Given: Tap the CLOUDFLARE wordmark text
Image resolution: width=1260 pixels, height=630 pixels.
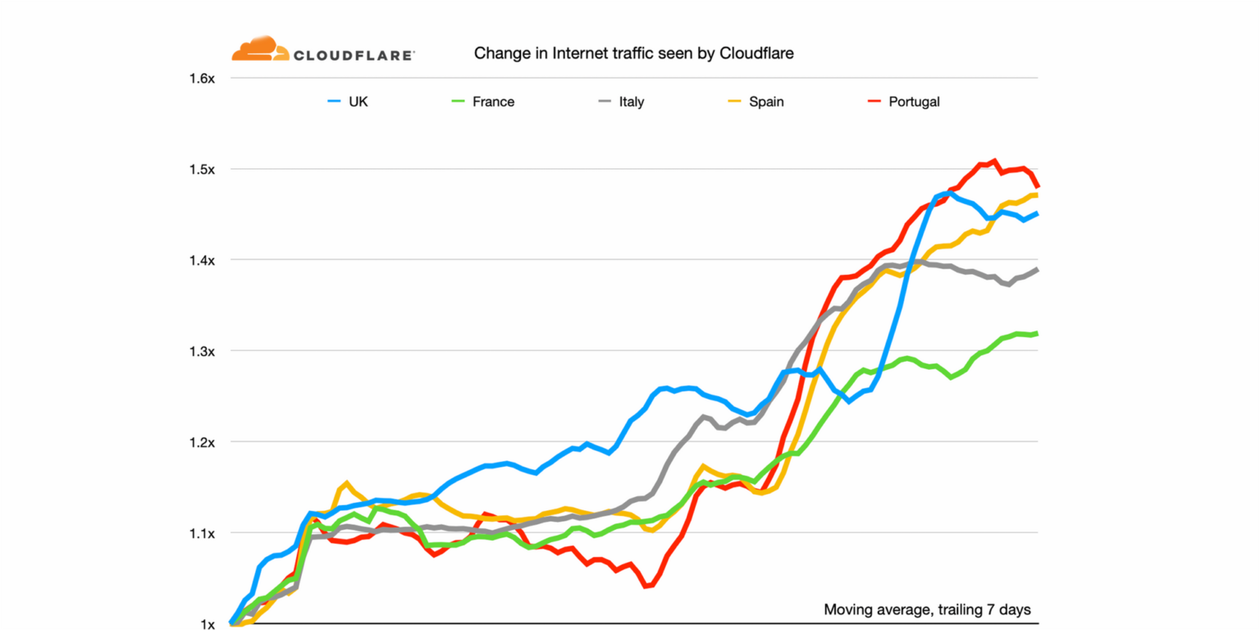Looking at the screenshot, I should pyautogui.click(x=354, y=56).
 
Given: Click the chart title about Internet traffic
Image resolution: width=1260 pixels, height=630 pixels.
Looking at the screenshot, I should pyautogui.click(x=634, y=54).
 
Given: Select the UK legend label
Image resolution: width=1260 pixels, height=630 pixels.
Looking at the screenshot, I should pyautogui.click(x=358, y=103).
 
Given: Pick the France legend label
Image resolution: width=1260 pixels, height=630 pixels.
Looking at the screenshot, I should pyautogui.click(x=493, y=103).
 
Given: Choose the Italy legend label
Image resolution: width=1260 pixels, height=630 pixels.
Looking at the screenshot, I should pyautogui.click(x=631, y=103).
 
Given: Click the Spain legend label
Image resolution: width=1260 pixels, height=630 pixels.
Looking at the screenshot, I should pyautogui.click(x=766, y=103).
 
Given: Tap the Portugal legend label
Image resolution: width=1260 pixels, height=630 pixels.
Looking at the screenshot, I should pyautogui.click(x=914, y=103).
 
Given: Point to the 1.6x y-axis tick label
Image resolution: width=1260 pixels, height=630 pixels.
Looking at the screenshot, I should pyautogui.click(x=202, y=79).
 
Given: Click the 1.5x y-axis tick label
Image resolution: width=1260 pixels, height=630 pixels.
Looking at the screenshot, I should pyautogui.click(x=202, y=170).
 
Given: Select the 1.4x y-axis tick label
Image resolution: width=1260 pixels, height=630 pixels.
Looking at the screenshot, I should pyautogui.click(x=202, y=261).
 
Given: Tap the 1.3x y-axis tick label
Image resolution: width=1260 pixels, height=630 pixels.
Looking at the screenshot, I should pyautogui.click(x=202, y=352).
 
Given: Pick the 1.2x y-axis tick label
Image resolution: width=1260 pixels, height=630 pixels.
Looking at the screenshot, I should pyautogui.click(x=202, y=443).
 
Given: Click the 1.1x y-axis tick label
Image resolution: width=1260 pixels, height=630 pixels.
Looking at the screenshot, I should pyautogui.click(x=202, y=534).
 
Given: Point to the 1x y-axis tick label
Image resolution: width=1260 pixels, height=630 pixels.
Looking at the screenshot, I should pyautogui.click(x=207, y=624).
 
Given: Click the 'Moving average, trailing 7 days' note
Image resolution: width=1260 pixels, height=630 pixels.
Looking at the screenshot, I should pyautogui.click(x=926, y=609).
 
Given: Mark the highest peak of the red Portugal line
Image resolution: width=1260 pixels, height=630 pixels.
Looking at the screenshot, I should pyautogui.click(x=993, y=161).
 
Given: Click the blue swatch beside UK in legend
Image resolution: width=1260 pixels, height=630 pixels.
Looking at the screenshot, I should pyautogui.click(x=333, y=103).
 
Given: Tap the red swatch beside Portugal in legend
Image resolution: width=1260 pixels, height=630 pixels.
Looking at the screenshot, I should pyautogui.click(x=874, y=103).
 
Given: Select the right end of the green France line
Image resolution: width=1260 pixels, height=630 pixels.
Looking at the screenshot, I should pyautogui.click(x=1036, y=333).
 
